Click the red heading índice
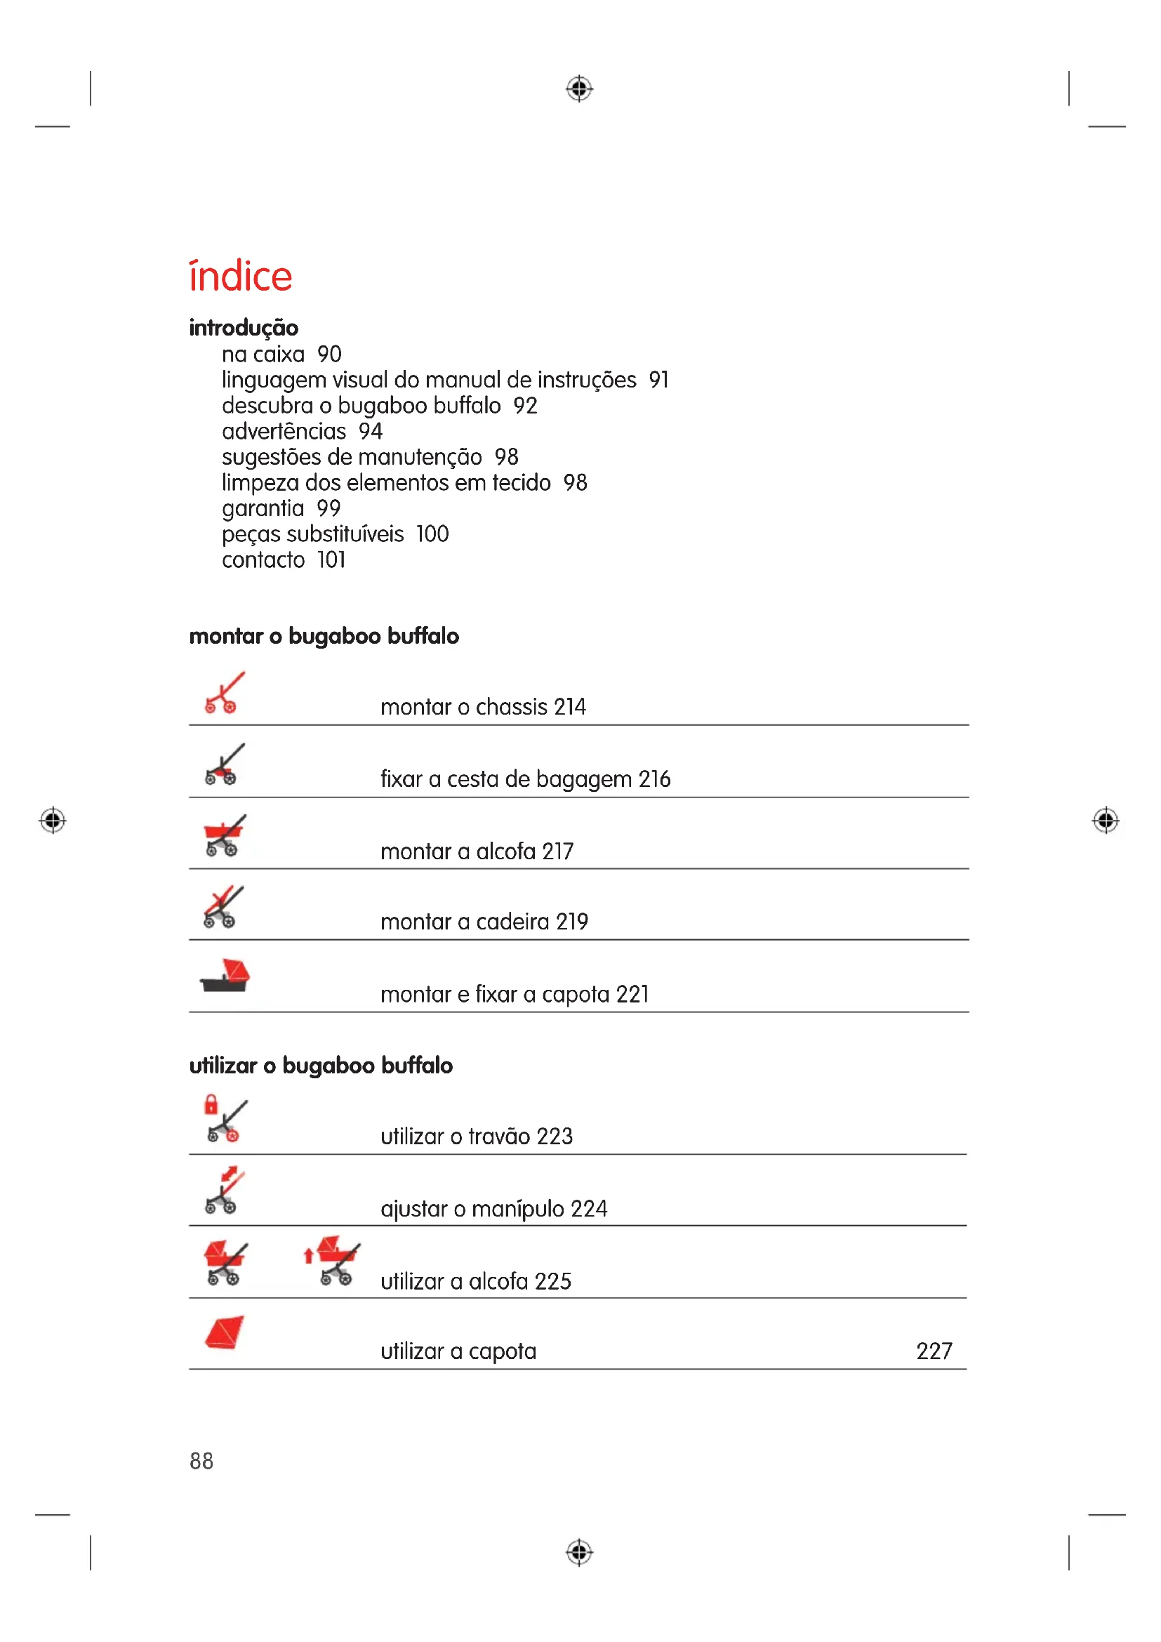240,276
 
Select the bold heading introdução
244,328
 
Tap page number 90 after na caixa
330,354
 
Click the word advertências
284,431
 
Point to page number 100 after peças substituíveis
432,534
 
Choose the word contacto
263,560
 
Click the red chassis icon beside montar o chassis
224,692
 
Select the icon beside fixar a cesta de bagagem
224,764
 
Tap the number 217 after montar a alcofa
557,851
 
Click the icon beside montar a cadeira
224,907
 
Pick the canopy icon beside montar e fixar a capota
225,976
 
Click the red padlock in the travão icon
211,1105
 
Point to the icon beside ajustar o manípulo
224,1191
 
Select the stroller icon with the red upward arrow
333,1261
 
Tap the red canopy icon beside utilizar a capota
225,1332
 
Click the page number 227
934,1351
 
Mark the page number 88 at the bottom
201,1461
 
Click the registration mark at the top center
579,88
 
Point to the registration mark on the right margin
1106,820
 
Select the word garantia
263,508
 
